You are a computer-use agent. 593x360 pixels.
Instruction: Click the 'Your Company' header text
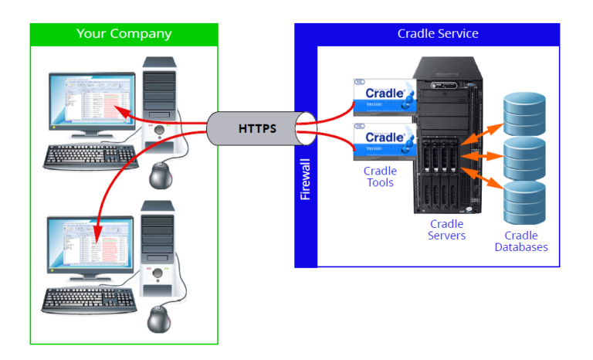[124, 34]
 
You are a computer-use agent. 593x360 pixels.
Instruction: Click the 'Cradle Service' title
[437, 33]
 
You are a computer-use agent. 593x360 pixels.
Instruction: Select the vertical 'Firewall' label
[306, 179]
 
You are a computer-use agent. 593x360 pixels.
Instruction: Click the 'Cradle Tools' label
[380, 177]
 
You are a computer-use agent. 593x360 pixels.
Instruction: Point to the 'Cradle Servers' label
[447, 229]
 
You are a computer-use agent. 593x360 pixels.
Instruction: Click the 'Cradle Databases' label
[520, 241]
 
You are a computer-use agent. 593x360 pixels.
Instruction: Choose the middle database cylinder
[524, 158]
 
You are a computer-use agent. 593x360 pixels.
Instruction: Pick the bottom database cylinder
[524, 202]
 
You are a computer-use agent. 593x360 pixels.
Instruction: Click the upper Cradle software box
[383, 98]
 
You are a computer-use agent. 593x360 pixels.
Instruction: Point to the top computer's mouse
[161, 177]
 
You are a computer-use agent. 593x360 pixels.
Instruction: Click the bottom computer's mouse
[161, 318]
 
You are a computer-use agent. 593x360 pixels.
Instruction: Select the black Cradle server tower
[447, 135]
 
